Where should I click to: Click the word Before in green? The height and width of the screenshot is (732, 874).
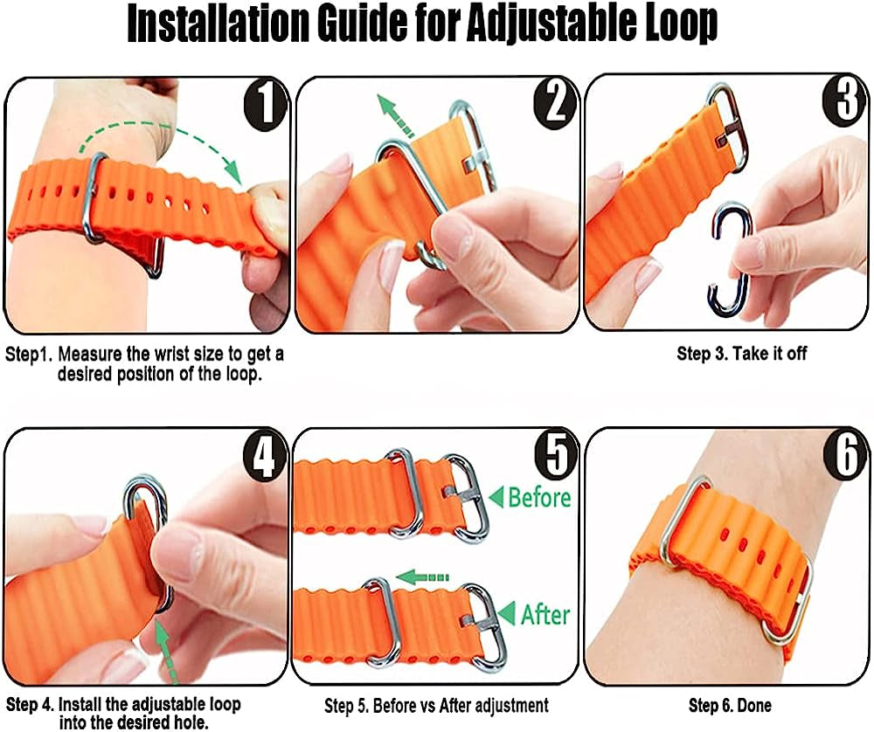[539, 498]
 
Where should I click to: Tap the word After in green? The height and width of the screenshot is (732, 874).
[545, 614]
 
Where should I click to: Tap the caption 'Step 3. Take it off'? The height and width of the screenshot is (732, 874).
[741, 354]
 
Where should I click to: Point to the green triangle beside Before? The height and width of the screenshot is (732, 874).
[496, 499]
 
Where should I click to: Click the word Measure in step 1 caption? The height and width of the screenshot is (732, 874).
[91, 356]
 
